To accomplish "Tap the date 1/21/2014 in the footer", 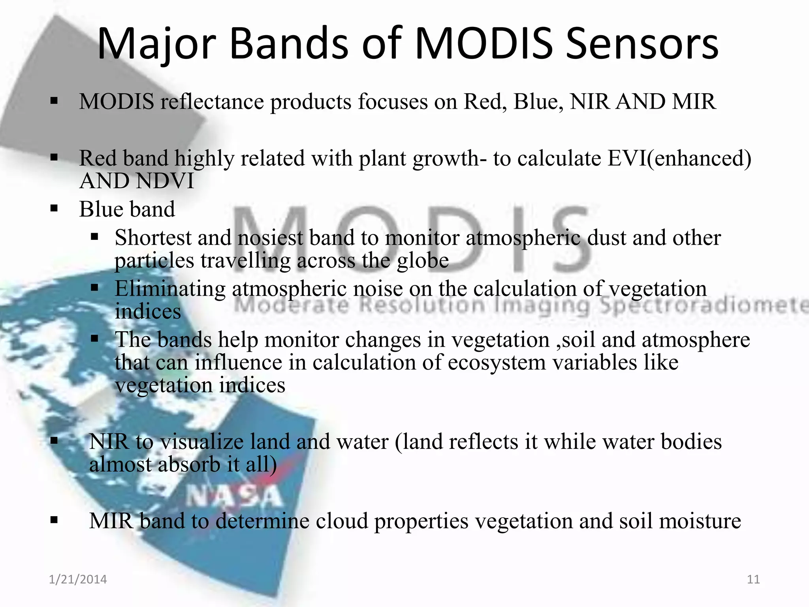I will tap(78, 579).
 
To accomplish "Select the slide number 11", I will tap(753, 579).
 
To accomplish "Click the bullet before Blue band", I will tap(54, 209).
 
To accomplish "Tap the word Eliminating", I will tap(170, 288).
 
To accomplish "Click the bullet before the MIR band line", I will tap(54, 520).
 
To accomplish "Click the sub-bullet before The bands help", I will tap(94, 339).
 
